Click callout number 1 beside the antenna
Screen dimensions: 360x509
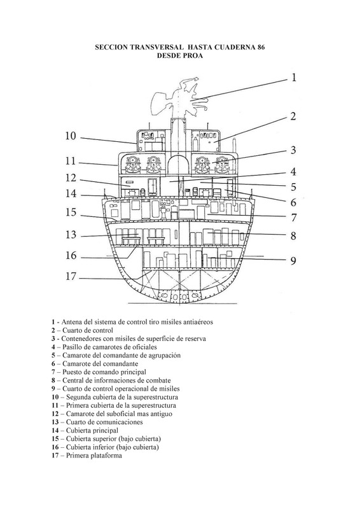pos(293,78)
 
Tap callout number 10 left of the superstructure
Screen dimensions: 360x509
pos(71,136)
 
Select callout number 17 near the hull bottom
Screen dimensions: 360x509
pos(71,276)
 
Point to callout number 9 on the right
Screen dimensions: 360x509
pos(293,261)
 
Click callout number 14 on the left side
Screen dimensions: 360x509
pos(71,193)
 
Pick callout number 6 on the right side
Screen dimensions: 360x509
pos(293,202)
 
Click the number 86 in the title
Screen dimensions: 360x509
pos(261,47)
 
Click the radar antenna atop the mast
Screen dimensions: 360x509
pos(179,97)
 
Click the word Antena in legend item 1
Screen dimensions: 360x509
pos(71,322)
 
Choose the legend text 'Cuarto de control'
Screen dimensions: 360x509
pos(88,330)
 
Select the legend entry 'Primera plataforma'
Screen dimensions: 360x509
pos(93,456)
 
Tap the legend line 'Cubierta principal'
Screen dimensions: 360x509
pos(92,431)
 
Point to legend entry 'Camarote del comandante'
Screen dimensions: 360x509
pos(100,363)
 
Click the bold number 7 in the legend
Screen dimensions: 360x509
pos(53,372)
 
